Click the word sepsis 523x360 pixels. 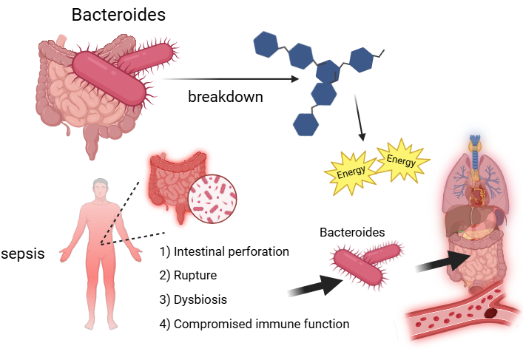click(23, 254)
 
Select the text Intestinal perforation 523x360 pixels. click(230, 251)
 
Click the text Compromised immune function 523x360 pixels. click(260, 324)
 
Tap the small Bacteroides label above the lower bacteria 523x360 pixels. click(352, 232)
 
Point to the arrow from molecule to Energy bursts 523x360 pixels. click(360, 126)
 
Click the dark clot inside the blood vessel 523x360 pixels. click(490, 313)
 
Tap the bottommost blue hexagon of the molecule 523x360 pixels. click(306, 123)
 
